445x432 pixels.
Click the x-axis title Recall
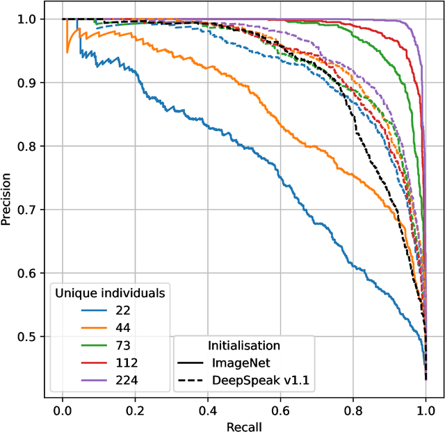[244, 425]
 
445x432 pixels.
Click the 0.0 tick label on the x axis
[63, 408]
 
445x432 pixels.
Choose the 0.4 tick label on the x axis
[208, 408]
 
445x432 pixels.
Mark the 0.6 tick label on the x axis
[280, 408]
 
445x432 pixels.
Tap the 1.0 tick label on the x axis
[426, 408]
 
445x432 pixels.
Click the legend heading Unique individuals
[109, 293]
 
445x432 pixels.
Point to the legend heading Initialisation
[244, 345]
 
